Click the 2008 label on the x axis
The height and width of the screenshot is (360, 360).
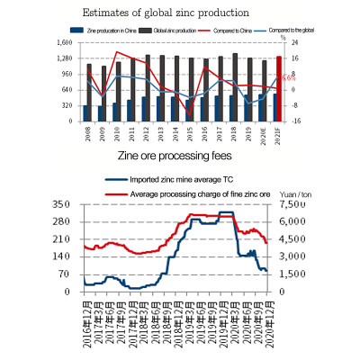coord(87,130)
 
